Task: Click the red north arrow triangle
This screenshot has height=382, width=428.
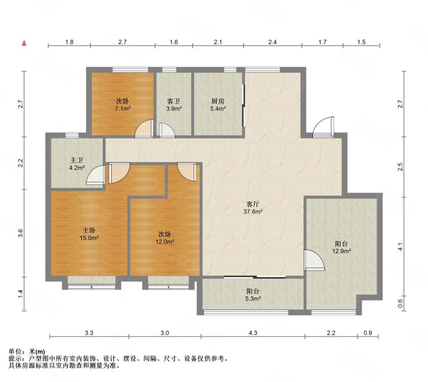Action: coord(24,43)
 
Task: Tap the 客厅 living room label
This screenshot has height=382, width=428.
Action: coord(253,204)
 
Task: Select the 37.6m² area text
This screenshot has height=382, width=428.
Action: coord(253,211)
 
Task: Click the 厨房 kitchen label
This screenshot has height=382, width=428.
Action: coord(218,101)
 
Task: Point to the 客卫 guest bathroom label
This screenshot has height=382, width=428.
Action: coord(173,101)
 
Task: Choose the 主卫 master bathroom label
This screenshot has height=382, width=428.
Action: coord(77,161)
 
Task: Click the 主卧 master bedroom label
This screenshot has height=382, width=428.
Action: coord(89,231)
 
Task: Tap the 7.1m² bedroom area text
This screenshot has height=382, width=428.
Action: coord(123,109)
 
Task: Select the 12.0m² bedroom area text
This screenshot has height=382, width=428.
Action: coord(165,242)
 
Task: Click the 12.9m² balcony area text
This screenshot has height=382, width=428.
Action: coord(341,251)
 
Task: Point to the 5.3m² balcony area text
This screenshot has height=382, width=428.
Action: coord(253,299)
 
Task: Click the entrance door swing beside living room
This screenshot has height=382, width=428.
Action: coord(324,127)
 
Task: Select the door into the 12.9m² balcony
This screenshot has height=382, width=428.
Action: coord(314,260)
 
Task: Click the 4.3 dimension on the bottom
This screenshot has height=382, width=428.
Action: coord(253,333)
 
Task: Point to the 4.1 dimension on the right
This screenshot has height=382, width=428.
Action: coord(400,247)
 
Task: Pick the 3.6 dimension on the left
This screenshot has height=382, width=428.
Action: coord(20,233)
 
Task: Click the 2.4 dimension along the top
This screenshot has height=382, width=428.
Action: coord(272,42)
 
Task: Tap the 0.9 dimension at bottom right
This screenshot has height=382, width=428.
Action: coord(368,333)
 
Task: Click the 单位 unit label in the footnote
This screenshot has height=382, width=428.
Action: coord(14,352)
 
